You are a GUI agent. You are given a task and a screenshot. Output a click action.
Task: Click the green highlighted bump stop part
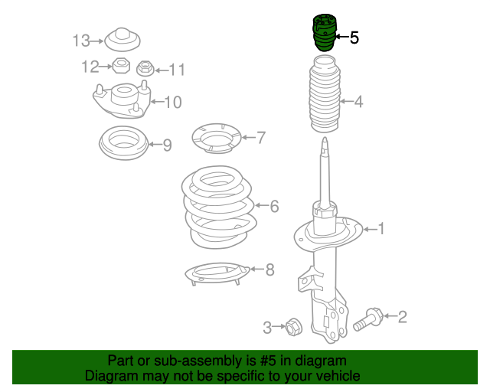click(x=325, y=32)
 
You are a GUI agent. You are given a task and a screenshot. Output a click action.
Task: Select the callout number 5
click(x=354, y=38)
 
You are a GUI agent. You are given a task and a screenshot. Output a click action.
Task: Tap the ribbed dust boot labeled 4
click(x=325, y=93)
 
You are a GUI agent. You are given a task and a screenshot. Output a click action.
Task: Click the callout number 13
click(x=81, y=41)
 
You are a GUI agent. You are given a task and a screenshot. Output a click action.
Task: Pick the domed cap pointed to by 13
click(x=122, y=39)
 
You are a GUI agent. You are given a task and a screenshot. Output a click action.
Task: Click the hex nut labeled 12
click(x=121, y=65)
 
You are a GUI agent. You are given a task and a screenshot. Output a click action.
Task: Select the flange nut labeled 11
click(x=145, y=68)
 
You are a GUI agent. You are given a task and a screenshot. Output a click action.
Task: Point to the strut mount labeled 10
click(x=122, y=100)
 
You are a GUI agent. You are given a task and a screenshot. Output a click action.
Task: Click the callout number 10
click(x=173, y=103)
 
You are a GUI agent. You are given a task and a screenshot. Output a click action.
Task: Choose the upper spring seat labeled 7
click(x=217, y=138)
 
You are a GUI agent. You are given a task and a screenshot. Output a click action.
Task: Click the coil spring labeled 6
click(x=220, y=207)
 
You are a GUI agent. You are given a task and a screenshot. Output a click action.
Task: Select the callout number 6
click(x=274, y=206)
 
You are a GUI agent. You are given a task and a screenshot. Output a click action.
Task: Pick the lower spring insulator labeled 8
click(x=217, y=273)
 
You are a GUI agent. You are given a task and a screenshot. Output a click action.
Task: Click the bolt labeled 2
click(x=368, y=319)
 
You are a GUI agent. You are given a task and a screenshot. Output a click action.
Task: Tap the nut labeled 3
click(x=294, y=327)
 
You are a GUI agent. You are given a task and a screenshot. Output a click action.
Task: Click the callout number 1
click(x=381, y=229)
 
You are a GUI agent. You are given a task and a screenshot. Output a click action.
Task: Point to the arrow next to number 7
click(x=249, y=137)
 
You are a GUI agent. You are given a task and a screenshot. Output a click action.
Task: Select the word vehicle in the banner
click(x=341, y=375)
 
